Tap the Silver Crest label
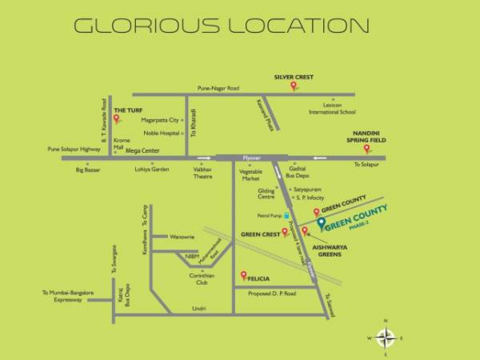click(293, 77)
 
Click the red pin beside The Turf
click(116, 119)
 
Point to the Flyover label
click(252, 160)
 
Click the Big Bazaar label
click(88, 170)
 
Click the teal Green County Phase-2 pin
click(321, 224)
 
